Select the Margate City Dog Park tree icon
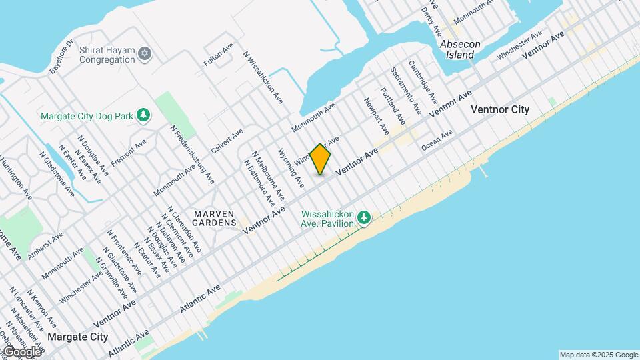(143, 115)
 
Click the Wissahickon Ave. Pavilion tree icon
(363, 217)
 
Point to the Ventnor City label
(500, 109)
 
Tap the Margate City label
(78, 337)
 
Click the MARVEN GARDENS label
(215, 217)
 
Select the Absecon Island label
(460, 49)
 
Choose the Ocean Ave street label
(437, 137)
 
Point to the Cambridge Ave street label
(424, 83)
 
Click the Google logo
(21, 351)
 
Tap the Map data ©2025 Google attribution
(598, 355)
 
